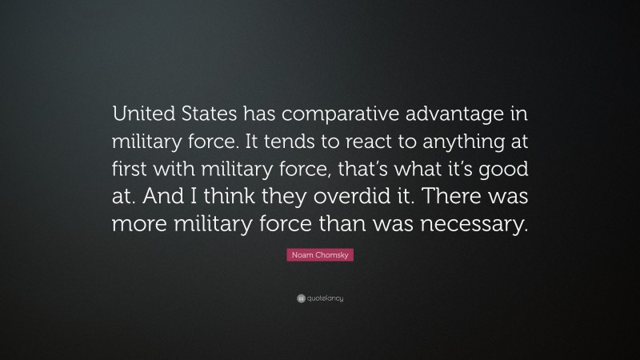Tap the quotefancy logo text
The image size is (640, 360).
tap(326, 298)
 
